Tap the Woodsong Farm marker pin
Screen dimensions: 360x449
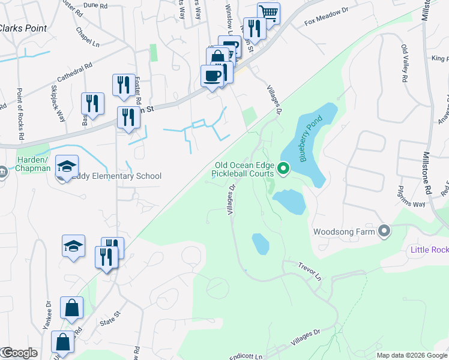385,231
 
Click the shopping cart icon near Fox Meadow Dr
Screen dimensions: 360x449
269,13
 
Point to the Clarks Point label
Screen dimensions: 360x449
22,28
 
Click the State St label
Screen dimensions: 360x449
110,318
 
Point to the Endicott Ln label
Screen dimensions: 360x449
246,356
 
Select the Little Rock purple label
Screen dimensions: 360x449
428,250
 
